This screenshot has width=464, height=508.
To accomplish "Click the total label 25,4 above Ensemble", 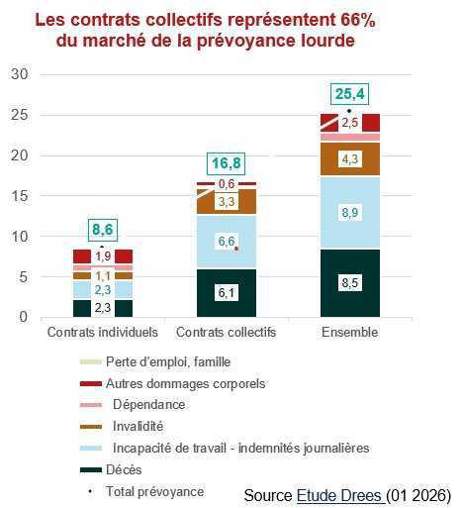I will click(x=348, y=94).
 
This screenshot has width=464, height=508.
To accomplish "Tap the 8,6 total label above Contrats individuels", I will click(x=103, y=230).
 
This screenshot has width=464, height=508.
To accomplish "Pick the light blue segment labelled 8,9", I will click(x=348, y=212).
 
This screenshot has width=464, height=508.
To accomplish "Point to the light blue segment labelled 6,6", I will click(x=226, y=242).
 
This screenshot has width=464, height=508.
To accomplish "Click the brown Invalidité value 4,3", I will click(x=348, y=158).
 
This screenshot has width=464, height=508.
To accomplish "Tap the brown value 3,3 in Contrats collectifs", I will click(x=226, y=201).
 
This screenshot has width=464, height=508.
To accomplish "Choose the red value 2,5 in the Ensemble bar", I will click(x=348, y=123).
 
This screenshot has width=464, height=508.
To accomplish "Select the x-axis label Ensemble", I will click(x=348, y=333).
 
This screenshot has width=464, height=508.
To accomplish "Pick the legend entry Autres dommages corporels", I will click(x=184, y=382).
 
